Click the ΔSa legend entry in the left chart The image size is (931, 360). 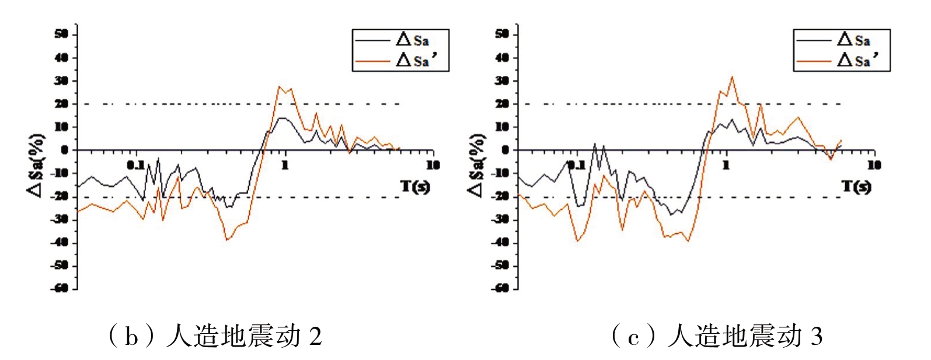point(412,40)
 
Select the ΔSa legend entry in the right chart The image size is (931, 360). point(853,40)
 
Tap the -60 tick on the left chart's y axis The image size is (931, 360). point(61,288)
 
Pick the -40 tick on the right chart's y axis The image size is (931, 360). point(501,242)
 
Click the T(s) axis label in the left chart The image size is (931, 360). point(415,187)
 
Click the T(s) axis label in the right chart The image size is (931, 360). point(856,187)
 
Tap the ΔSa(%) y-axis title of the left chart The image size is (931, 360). point(36,165)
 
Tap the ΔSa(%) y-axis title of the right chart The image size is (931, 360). point(477,165)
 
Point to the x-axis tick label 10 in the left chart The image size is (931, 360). point(433,166)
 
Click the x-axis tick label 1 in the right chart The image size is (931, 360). point(726,166)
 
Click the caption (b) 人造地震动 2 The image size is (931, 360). point(215,337)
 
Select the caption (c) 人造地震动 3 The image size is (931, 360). point(717,337)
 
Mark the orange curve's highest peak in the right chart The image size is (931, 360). point(732,76)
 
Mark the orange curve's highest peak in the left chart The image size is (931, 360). point(280,86)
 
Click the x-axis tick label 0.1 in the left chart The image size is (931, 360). point(136,166)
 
